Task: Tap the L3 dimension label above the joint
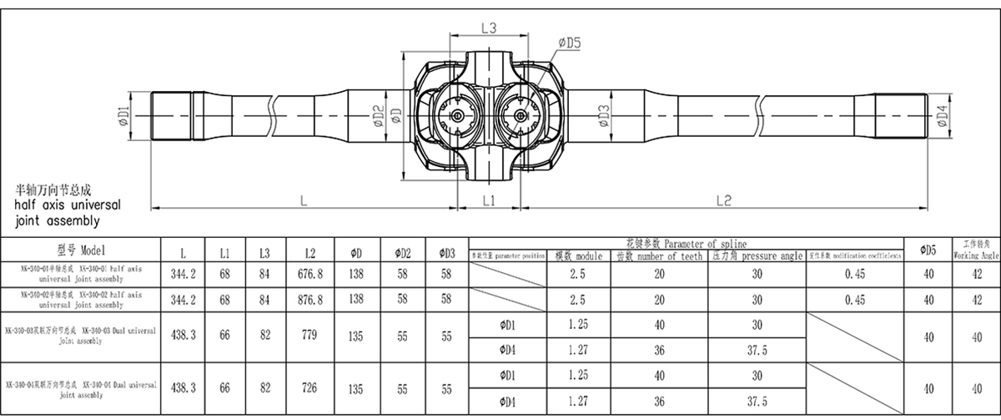[489, 28]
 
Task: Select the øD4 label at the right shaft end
[942, 116]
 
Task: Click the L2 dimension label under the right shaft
[723, 200]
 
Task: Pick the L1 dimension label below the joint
[489, 201]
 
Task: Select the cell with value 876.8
[309, 299]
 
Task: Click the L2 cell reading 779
[309, 337]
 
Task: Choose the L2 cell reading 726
[309, 388]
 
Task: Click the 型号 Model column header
[80, 250]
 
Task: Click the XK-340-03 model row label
[80, 337]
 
